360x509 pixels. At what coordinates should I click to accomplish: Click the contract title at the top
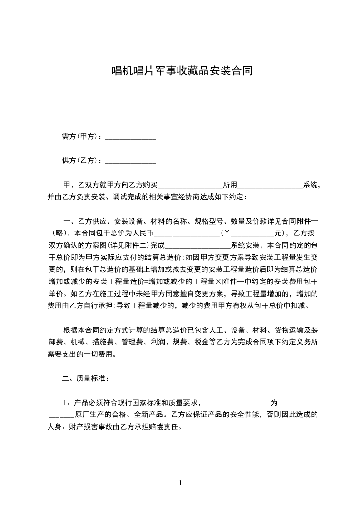tap(182, 71)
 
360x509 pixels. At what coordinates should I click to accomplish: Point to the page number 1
tap(180, 483)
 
